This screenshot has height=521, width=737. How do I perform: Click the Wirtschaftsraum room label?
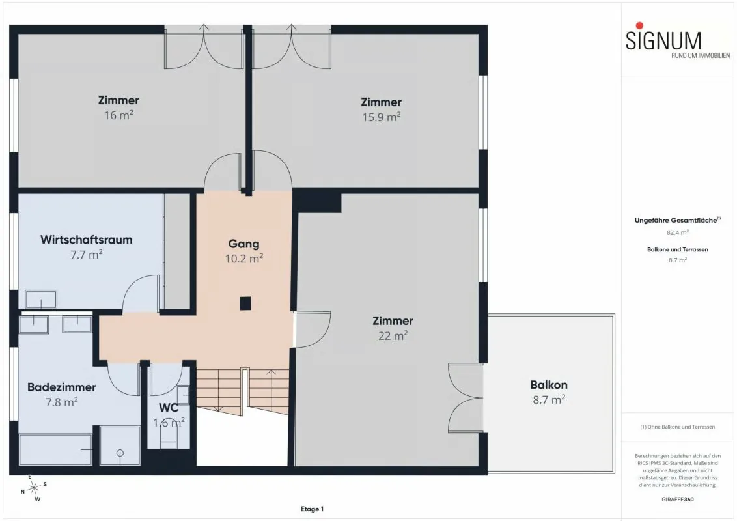pyautogui.click(x=87, y=240)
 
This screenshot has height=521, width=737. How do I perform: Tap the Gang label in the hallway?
pyautogui.click(x=244, y=244)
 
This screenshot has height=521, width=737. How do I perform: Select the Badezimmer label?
pyautogui.click(x=62, y=387)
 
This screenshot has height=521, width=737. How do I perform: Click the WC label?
pyautogui.click(x=169, y=408)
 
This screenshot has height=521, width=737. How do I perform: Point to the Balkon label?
pyautogui.click(x=549, y=385)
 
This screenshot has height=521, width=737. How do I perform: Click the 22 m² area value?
pyautogui.click(x=393, y=336)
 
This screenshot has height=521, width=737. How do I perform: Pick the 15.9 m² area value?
pyautogui.click(x=381, y=117)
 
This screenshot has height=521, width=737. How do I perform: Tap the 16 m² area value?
pyautogui.click(x=118, y=115)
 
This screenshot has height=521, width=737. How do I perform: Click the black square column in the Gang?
pyautogui.click(x=245, y=303)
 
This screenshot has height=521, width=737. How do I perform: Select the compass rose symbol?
pyautogui.click(x=34, y=488)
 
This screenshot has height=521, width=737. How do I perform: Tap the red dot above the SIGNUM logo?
pyautogui.click(x=639, y=25)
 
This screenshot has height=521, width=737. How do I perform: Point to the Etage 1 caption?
pyautogui.click(x=312, y=509)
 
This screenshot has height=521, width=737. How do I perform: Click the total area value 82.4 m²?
pyautogui.click(x=677, y=232)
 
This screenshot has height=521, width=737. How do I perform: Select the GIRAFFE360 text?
pyautogui.click(x=677, y=500)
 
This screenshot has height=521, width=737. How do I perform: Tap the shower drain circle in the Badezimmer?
pyautogui.click(x=120, y=453)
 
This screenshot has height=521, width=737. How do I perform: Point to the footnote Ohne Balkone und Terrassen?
pyautogui.click(x=677, y=427)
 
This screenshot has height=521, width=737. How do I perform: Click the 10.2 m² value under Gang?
pyautogui.click(x=244, y=259)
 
